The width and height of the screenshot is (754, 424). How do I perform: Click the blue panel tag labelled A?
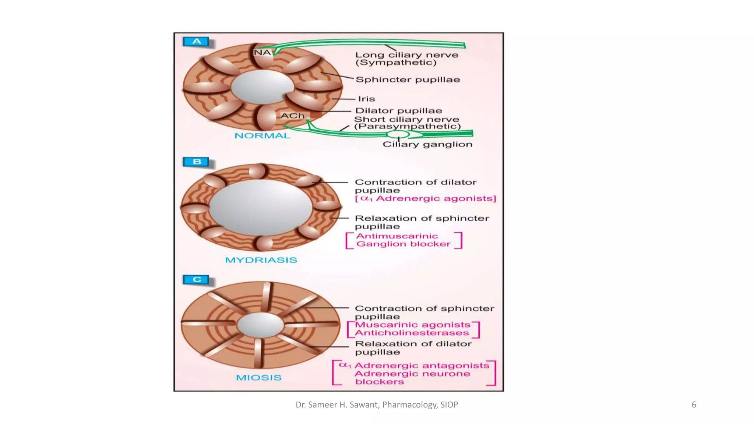pyautogui.click(x=196, y=42)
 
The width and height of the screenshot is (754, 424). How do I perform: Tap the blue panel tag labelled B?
pyautogui.click(x=196, y=162)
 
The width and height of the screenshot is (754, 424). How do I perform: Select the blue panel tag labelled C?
pyautogui.click(x=196, y=280)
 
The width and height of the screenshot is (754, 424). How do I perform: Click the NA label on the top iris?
pyautogui.click(x=262, y=53)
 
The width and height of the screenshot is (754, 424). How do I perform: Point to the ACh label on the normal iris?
pyautogui.click(x=293, y=116)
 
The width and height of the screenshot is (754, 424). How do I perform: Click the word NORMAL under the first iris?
pyautogui.click(x=263, y=136)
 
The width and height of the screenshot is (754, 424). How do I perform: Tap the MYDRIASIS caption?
pyautogui.click(x=261, y=260)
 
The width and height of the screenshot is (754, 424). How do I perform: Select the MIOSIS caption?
pyautogui.click(x=259, y=378)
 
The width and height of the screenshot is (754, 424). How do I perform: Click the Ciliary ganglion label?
pyautogui.click(x=427, y=144)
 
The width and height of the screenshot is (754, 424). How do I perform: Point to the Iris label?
pyautogui.click(x=366, y=99)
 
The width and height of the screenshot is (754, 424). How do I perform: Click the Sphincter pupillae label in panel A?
pyautogui.click(x=408, y=80)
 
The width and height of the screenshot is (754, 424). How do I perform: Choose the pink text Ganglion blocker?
pyautogui.click(x=404, y=244)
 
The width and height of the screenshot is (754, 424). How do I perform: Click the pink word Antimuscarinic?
pyautogui.click(x=397, y=236)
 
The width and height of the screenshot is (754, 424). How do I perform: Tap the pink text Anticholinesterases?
pyautogui.click(x=412, y=333)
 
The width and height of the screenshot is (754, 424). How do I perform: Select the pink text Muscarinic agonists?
pyautogui.click(x=413, y=325)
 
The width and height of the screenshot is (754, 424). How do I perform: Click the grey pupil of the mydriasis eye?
pyautogui.click(x=261, y=207)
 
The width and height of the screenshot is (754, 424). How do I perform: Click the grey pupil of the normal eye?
pyautogui.click(x=262, y=86)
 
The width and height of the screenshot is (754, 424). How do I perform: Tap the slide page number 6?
pyautogui.click(x=694, y=405)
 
